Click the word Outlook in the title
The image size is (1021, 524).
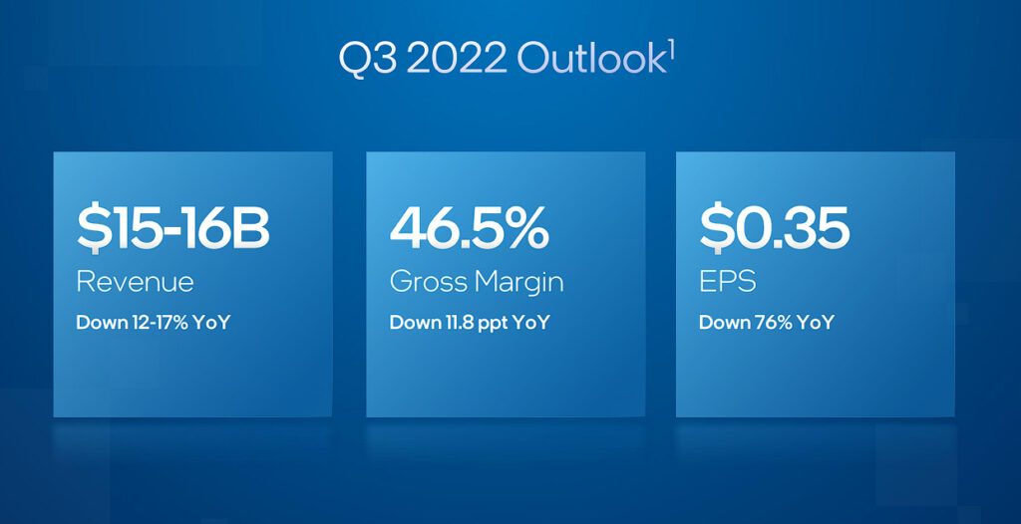coord(590,60)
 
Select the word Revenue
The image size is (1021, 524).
coord(135,283)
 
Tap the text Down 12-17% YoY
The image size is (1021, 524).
coord(153,322)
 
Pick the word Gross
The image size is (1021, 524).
coord(428,283)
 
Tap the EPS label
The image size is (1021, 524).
coord(727,283)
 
